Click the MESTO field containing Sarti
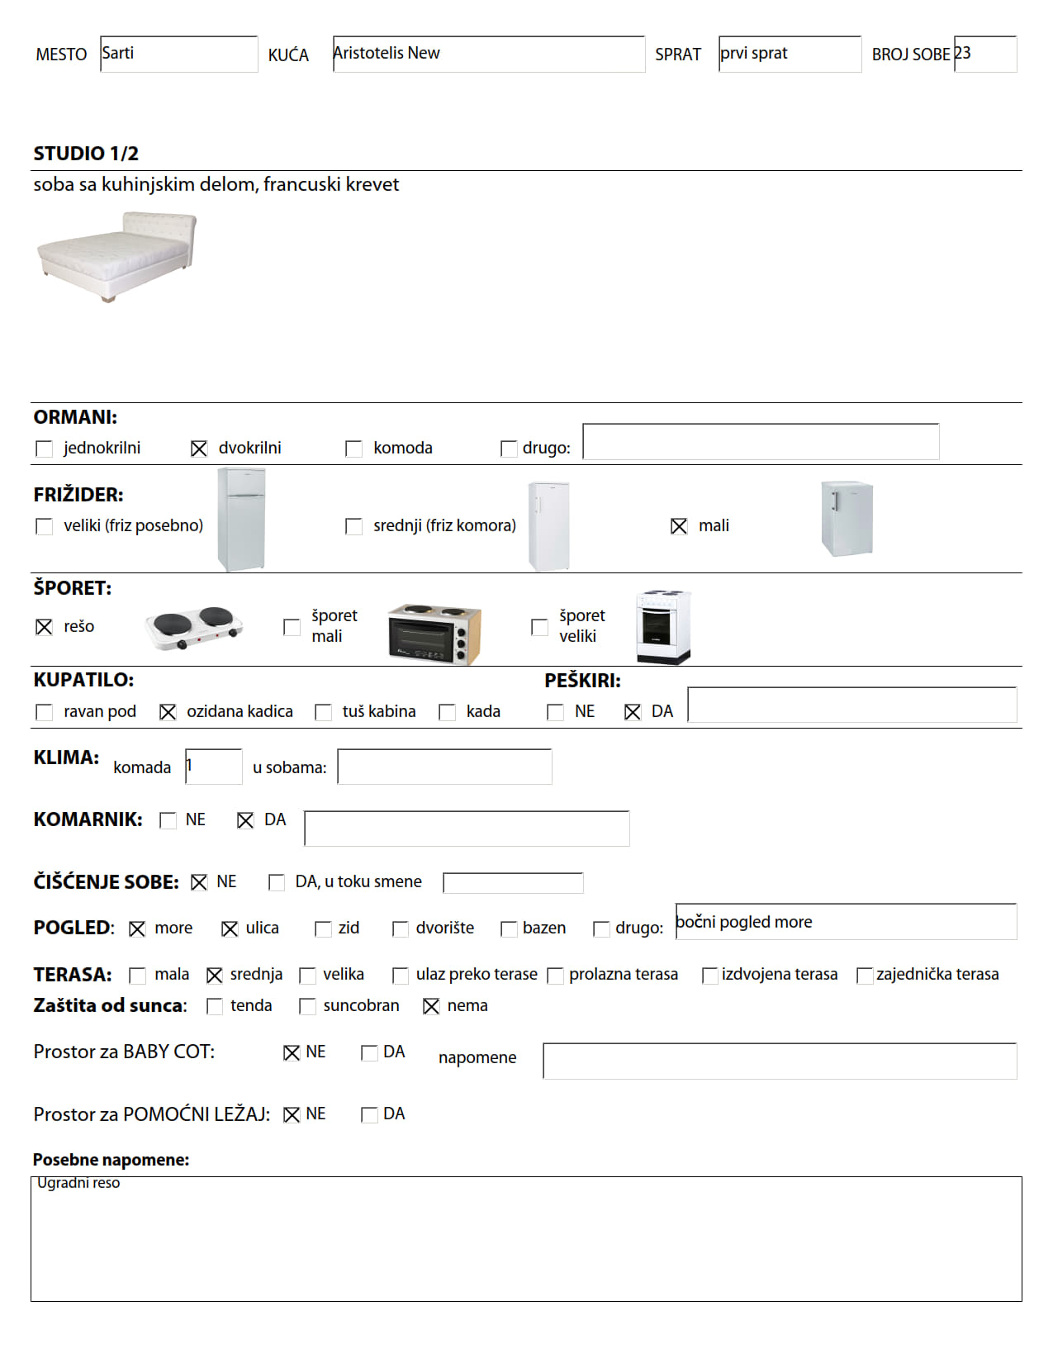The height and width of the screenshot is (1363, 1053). click(178, 54)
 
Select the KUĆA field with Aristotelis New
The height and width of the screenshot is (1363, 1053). click(488, 54)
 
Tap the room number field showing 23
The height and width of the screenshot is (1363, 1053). click(984, 54)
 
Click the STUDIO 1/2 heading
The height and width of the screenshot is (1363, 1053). click(86, 154)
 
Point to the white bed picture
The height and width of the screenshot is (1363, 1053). click(116, 256)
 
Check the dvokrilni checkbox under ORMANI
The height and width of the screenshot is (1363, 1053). click(199, 449)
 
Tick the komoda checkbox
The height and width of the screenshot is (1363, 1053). click(353, 449)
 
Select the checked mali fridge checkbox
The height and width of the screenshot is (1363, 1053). click(679, 526)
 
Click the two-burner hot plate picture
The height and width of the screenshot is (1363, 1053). click(194, 628)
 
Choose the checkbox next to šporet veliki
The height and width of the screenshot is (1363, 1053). click(539, 627)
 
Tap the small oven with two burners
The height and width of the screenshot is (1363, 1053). click(434, 634)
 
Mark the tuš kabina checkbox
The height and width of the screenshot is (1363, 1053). click(324, 712)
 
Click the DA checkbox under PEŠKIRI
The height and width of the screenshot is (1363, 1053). click(633, 712)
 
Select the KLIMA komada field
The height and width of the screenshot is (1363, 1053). click(213, 767)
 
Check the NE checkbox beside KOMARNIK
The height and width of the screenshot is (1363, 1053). click(168, 820)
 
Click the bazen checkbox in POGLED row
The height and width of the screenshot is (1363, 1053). click(509, 929)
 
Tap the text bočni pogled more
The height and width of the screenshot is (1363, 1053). click(744, 922)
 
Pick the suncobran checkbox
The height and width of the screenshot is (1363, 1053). click(307, 1006)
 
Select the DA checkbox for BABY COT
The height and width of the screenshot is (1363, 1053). click(369, 1052)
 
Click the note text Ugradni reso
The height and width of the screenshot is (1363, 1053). click(78, 1183)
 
